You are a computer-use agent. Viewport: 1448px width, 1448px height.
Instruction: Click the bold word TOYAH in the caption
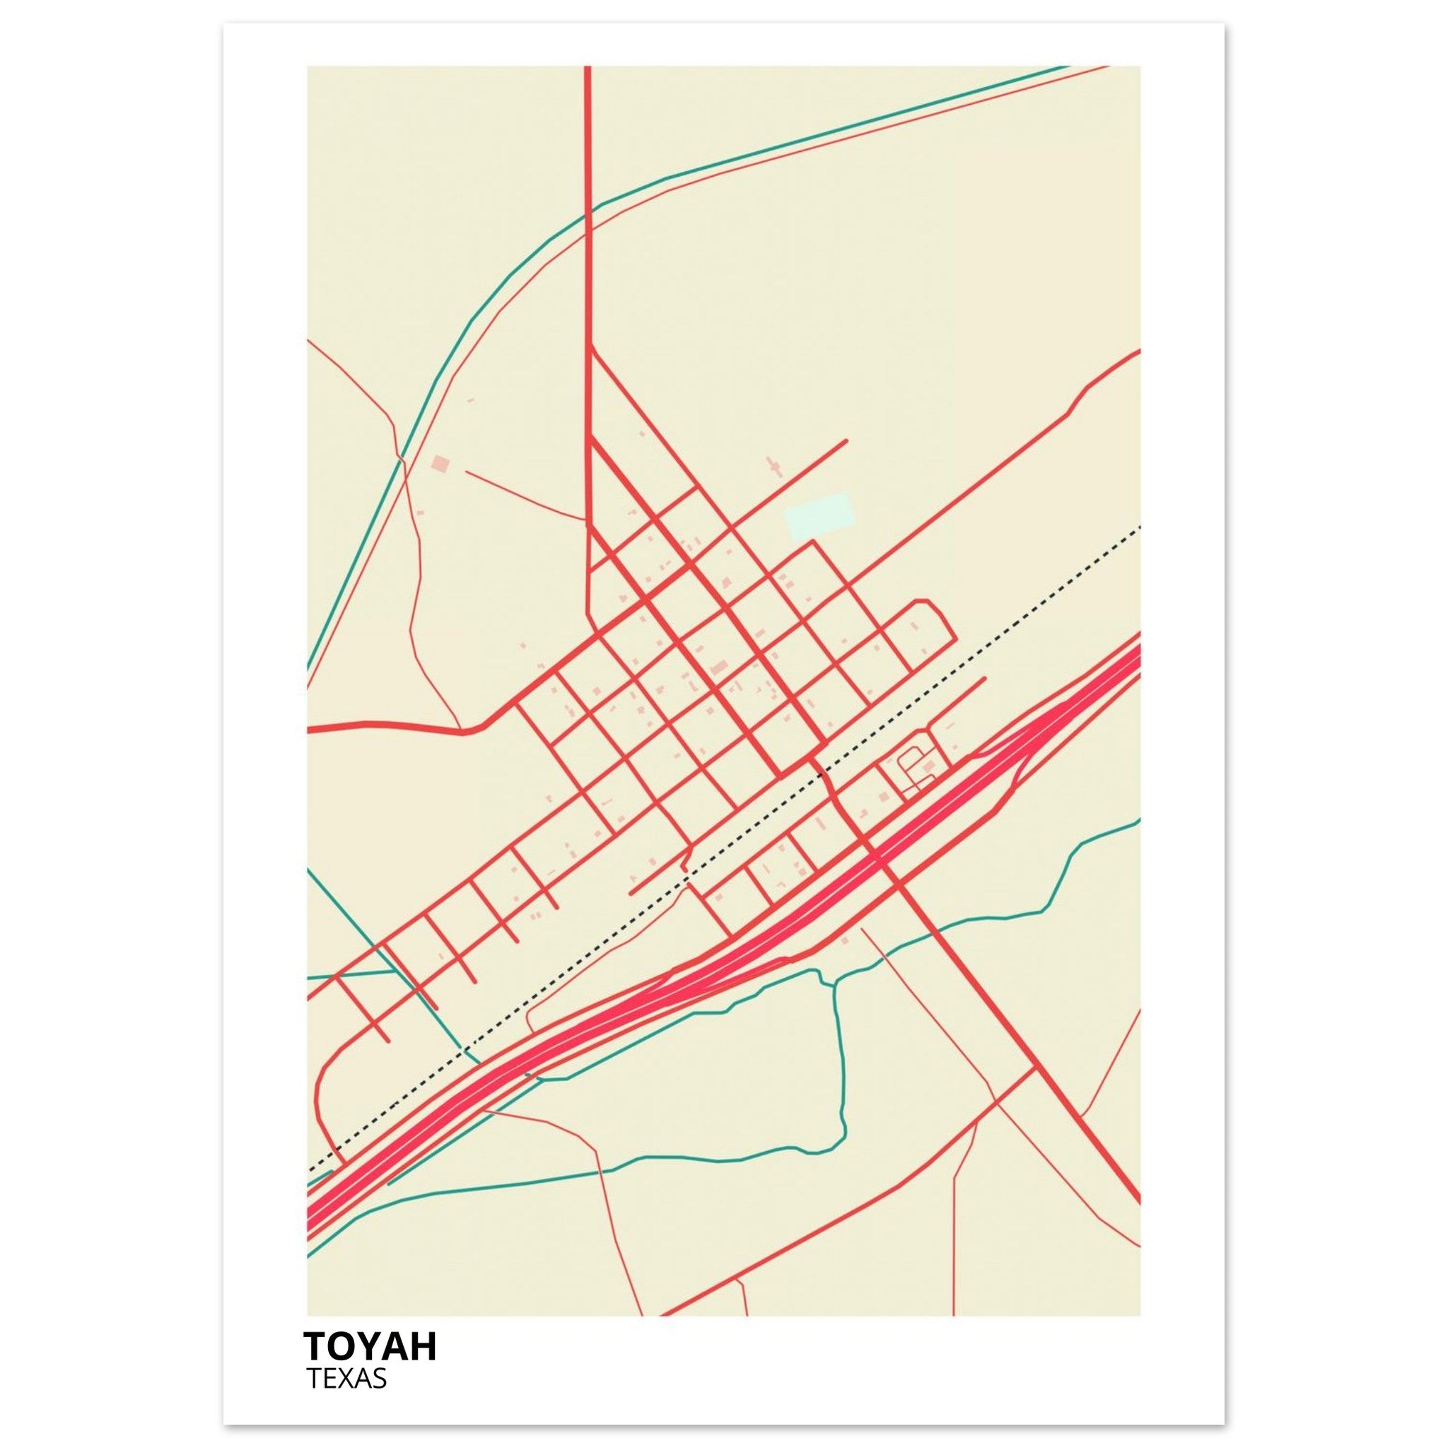point(370,1347)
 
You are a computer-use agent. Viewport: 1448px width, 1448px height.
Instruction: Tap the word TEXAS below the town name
point(346,1377)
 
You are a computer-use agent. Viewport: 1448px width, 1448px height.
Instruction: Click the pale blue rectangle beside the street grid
point(819,516)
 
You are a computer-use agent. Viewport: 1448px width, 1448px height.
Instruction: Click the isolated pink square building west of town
point(440,463)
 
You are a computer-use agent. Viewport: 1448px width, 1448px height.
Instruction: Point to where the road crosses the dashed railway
point(820,770)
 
